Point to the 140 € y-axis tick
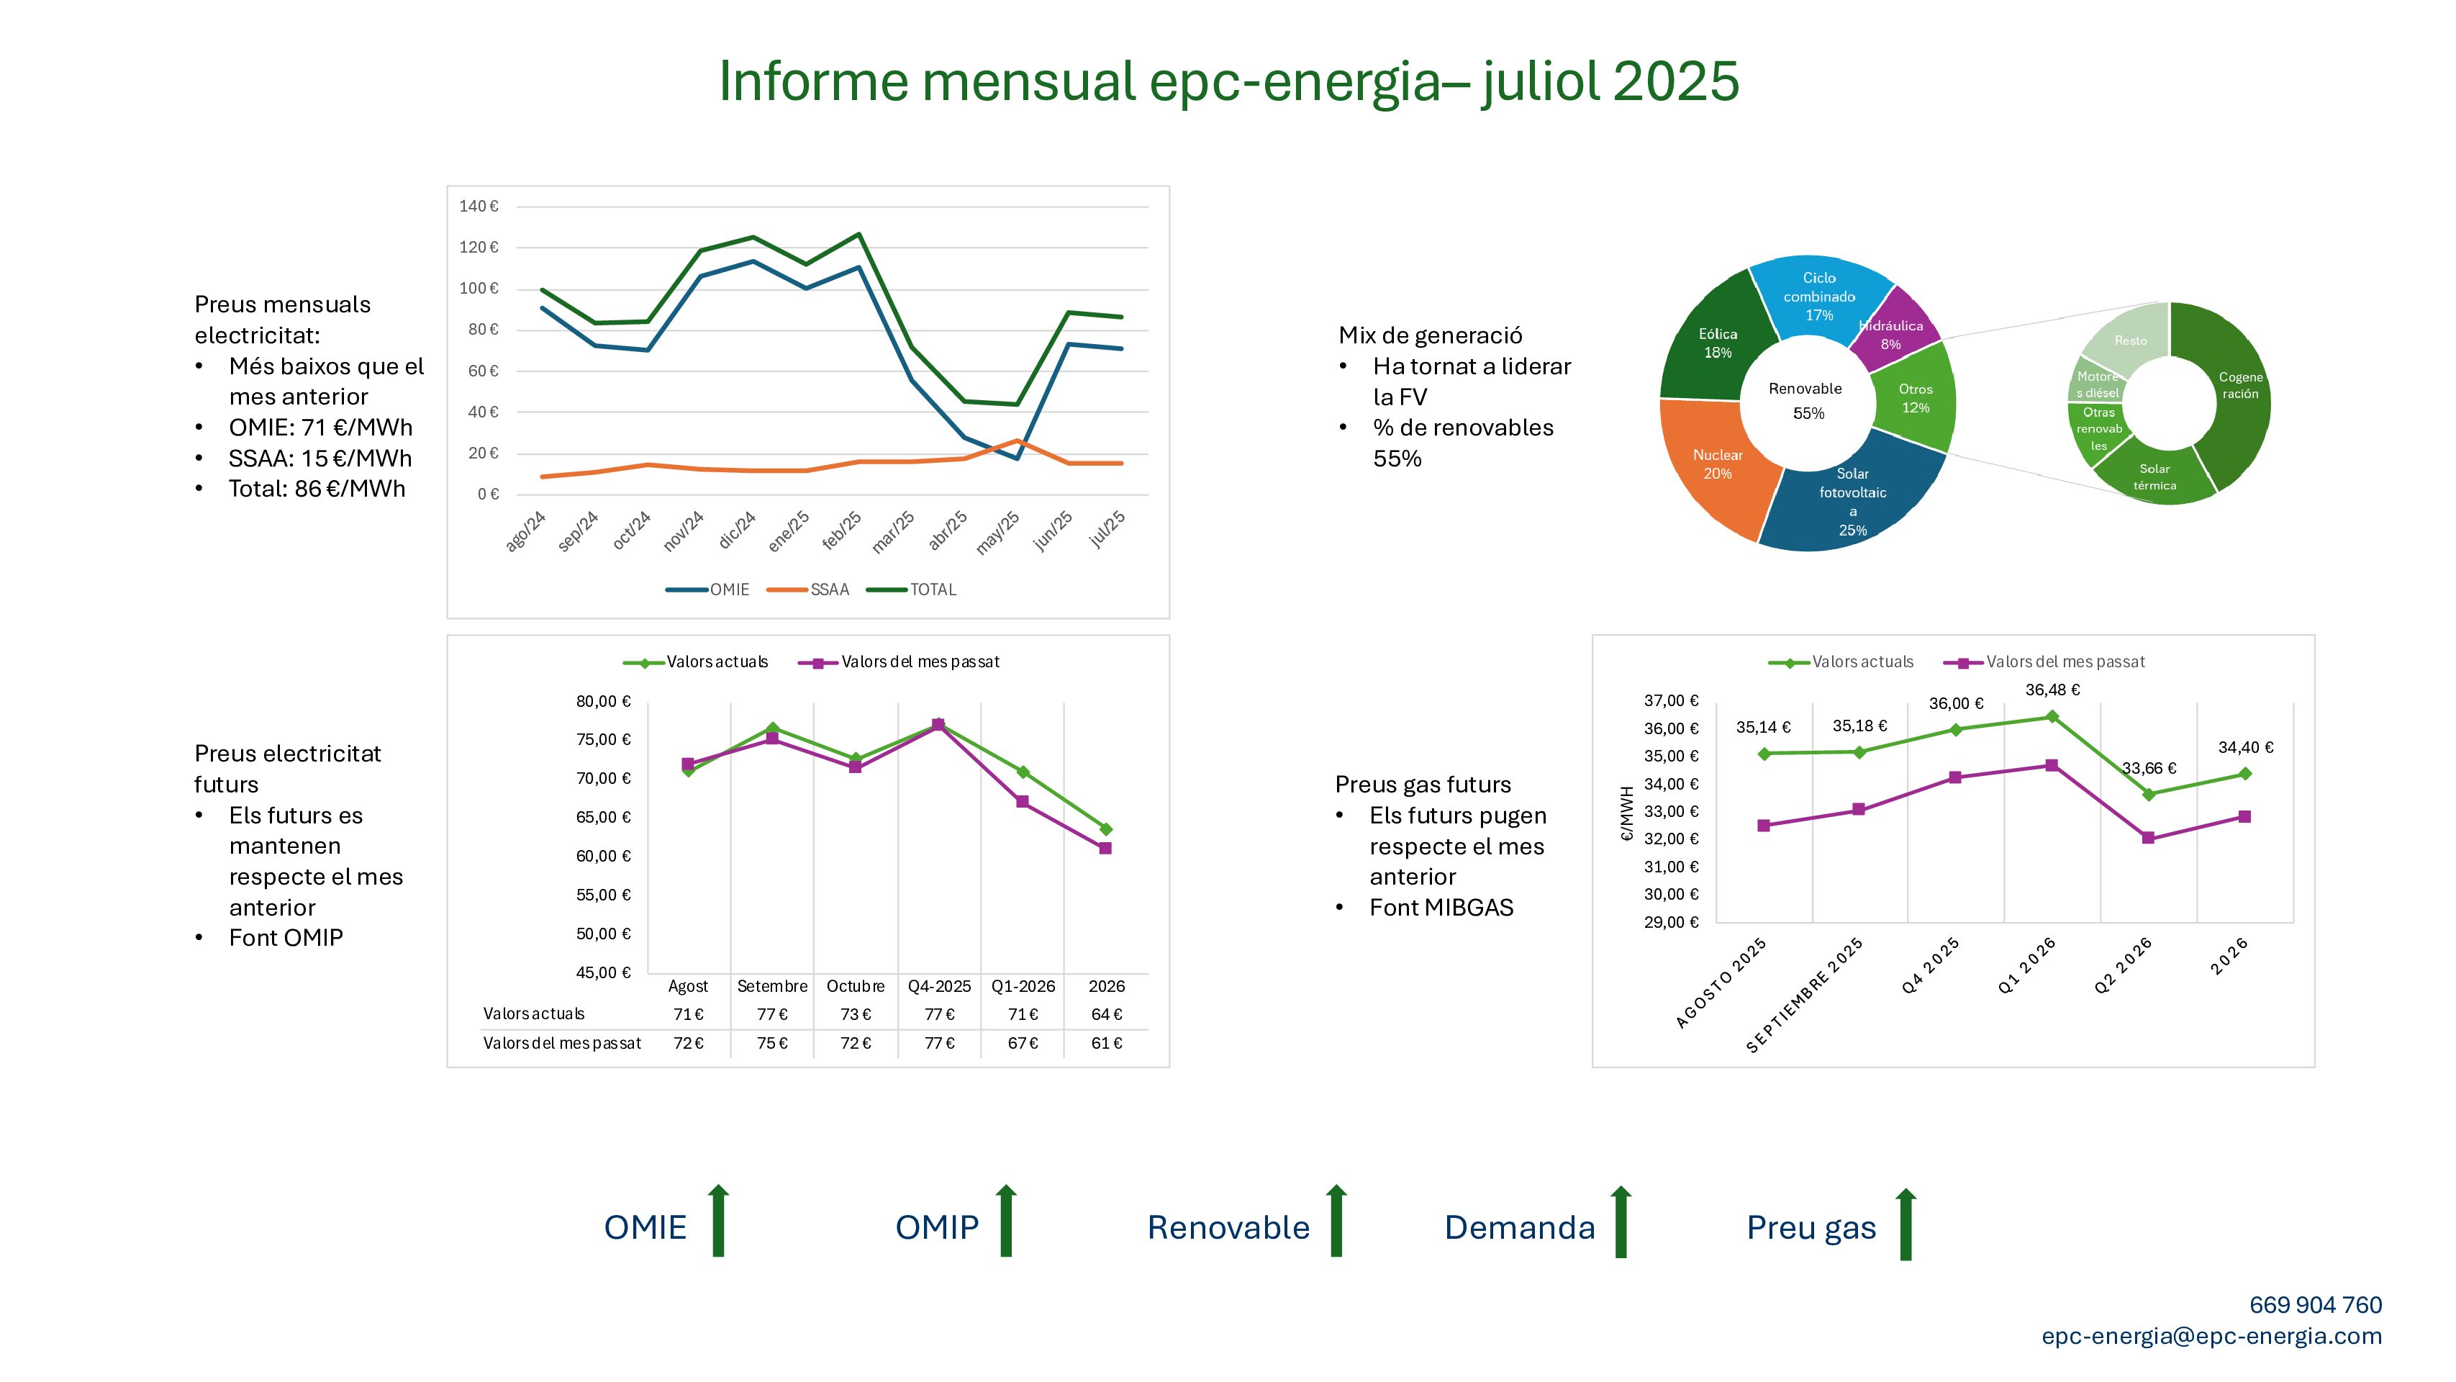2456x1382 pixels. click(479, 206)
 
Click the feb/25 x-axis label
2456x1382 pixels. click(842, 530)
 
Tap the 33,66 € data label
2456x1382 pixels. click(2149, 768)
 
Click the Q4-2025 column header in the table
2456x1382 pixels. click(939, 986)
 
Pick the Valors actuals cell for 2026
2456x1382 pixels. click(1106, 1014)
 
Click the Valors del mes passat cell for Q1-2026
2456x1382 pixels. click(1023, 1044)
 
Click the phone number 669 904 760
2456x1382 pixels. click(2316, 1305)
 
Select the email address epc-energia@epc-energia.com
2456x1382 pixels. click(2212, 1336)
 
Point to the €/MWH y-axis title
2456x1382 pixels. click(1628, 813)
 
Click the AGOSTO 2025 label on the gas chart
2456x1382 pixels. click(1721, 983)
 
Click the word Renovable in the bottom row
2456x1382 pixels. click(1228, 1227)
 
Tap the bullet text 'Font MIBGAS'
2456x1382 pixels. click(1441, 908)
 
